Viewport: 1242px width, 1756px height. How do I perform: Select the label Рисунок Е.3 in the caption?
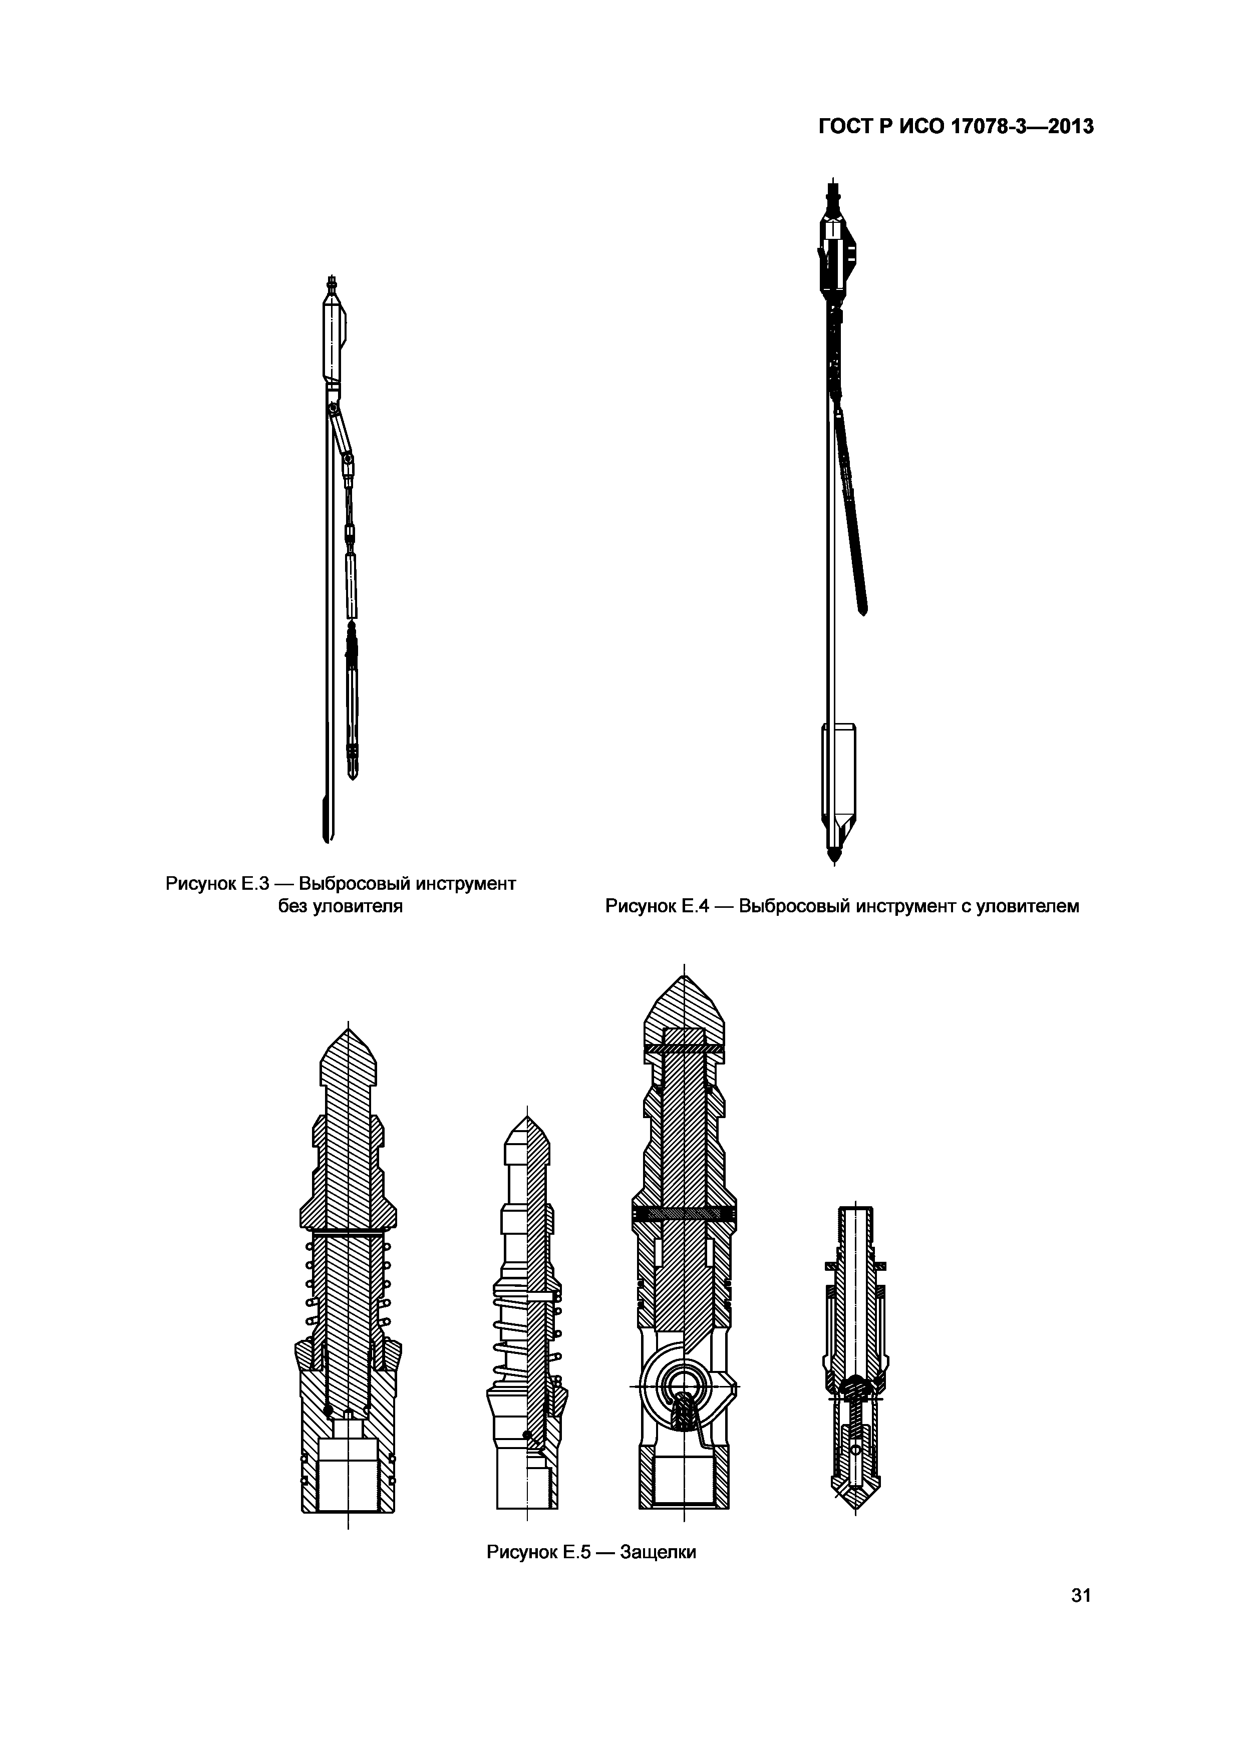[218, 884]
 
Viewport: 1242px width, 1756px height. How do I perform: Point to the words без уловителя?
[341, 907]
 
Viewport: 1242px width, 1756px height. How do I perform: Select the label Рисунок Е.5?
[539, 1553]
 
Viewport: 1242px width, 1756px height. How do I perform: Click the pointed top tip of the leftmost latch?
[349, 1029]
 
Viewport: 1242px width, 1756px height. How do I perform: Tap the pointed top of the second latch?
[527, 1118]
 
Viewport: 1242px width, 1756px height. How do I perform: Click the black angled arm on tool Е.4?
[852, 512]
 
